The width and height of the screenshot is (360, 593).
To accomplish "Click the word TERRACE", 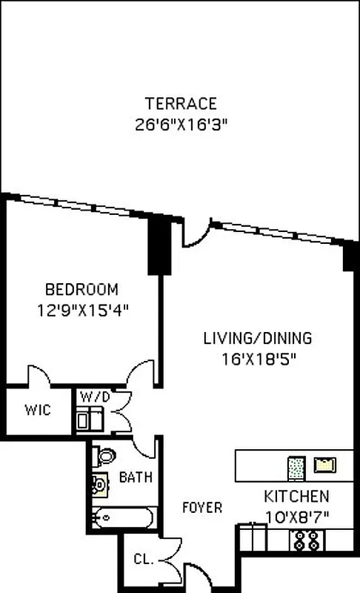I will pyautogui.click(x=181, y=103).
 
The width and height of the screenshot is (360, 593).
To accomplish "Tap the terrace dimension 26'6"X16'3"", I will pyautogui.click(x=181, y=123).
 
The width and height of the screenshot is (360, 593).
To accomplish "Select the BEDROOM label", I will pyautogui.click(x=81, y=289).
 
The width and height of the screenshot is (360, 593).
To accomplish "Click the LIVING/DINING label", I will pyautogui.click(x=258, y=339).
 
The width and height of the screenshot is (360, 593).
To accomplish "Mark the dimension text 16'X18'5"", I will pyautogui.click(x=258, y=358).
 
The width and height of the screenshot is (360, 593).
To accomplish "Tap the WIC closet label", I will pyautogui.click(x=37, y=409).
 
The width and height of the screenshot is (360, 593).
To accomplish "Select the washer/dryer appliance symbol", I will pyautogui.click(x=90, y=420).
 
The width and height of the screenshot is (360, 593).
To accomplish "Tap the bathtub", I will pyautogui.click(x=123, y=517).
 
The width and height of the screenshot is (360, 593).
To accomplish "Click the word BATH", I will pyautogui.click(x=136, y=477).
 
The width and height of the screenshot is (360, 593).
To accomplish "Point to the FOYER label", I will pyautogui.click(x=202, y=508).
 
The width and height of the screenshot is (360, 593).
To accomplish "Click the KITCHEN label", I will pyautogui.click(x=296, y=497).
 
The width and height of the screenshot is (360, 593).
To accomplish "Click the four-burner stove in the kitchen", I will pyautogui.click(x=303, y=542).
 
